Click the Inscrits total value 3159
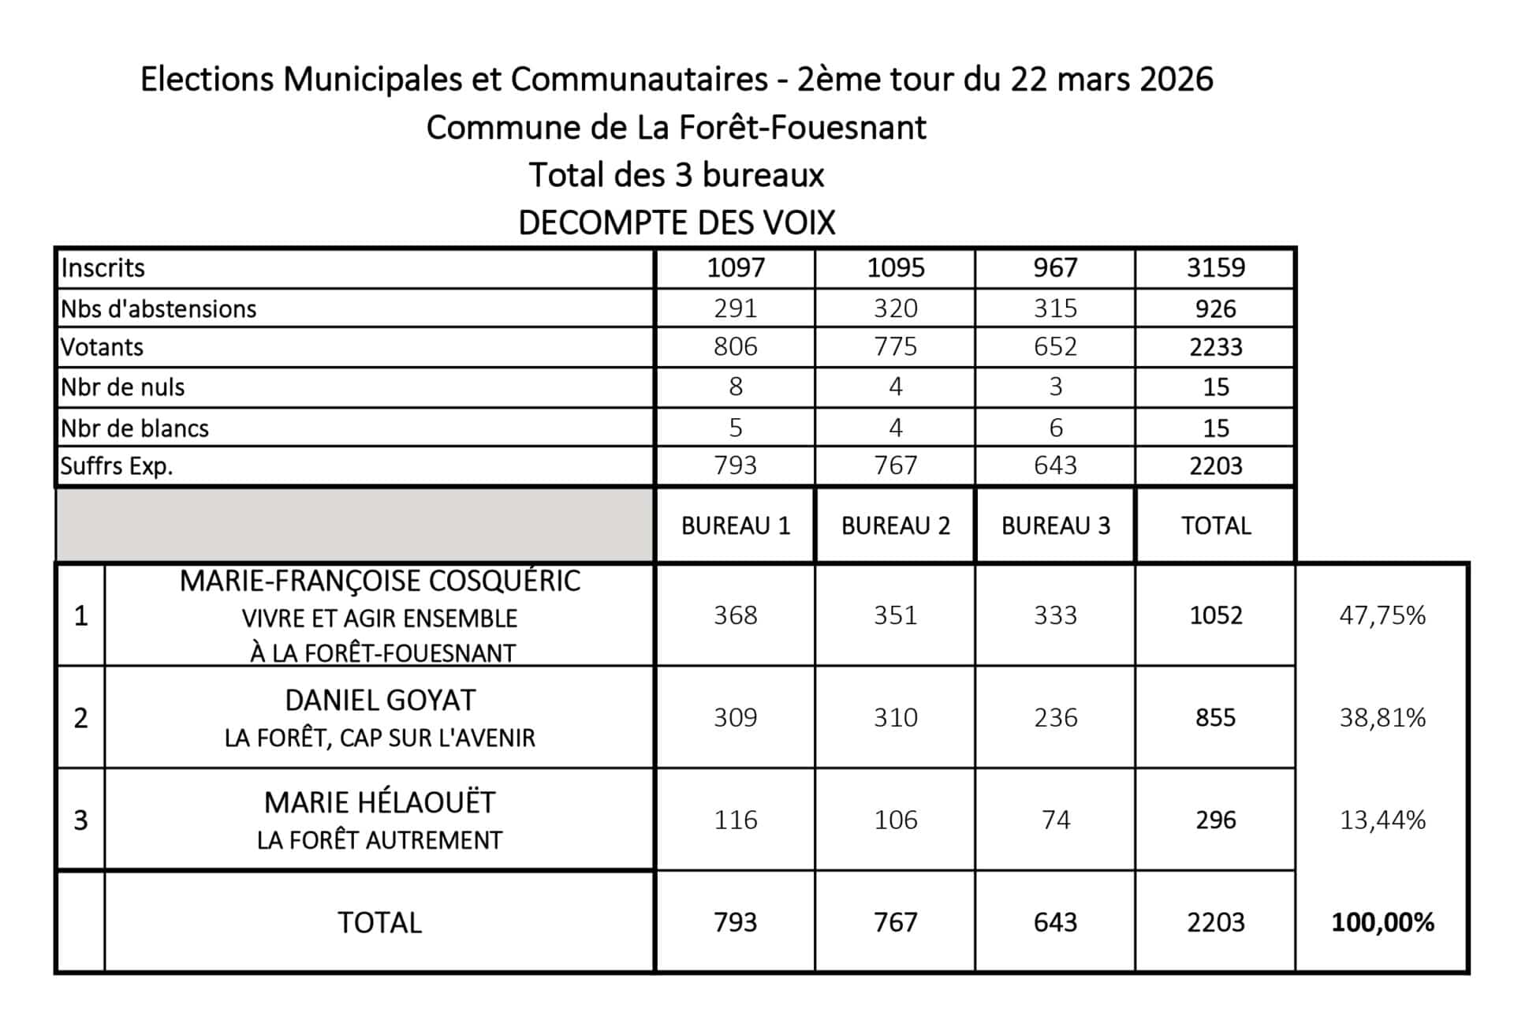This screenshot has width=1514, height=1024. coord(1215,268)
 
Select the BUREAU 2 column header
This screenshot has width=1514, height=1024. coord(895,526)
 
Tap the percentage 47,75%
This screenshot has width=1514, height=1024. coord(1382,615)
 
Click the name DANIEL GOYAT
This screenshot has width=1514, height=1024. coord(380,701)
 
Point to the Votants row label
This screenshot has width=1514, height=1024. coord(102,347)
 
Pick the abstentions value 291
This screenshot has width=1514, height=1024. coord(735,308)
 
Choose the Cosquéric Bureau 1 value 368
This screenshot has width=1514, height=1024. coord(735,615)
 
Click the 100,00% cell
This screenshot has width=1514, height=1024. coord(1382,922)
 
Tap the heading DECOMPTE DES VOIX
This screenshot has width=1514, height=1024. coord(676,223)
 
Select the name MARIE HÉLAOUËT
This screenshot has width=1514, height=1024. coord(379,803)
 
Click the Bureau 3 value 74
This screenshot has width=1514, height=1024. coord(1055,820)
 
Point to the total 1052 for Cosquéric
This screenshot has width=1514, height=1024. coord(1215,615)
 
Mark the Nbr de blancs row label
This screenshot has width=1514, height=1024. coord(135,428)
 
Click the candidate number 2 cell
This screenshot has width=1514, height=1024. coord(80,718)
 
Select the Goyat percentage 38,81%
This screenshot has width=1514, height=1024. coord(1382,718)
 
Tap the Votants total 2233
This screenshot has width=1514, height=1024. coord(1215,347)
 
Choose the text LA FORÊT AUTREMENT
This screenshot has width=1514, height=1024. coord(379,841)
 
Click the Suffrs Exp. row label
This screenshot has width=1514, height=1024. coord(116,466)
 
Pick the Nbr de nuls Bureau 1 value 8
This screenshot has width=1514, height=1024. coord(735,387)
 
